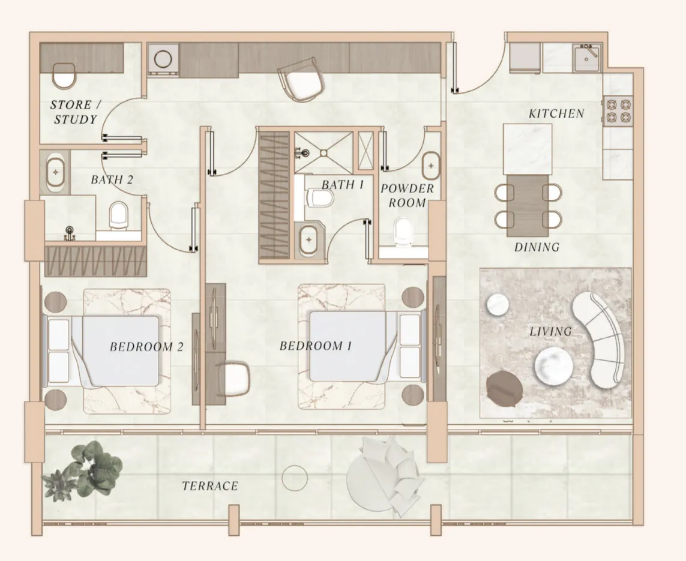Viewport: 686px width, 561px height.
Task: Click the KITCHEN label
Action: (556, 113)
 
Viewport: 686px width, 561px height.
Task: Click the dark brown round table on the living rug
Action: (504, 388)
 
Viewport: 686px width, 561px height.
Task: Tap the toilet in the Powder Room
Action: (403, 230)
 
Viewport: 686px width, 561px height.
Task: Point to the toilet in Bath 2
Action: (119, 215)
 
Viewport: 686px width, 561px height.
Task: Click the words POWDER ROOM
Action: (407, 196)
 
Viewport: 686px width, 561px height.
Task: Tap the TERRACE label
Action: (210, 486)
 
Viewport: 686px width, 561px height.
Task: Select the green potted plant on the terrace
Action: (87, 471)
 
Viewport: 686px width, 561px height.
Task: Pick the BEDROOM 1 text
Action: (315, 346)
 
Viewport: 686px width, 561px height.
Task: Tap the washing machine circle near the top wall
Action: (163, 59)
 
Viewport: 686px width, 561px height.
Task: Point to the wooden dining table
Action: (528, 205)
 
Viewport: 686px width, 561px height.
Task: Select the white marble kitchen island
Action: (527, 148)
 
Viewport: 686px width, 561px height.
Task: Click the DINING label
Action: (537, 247)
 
